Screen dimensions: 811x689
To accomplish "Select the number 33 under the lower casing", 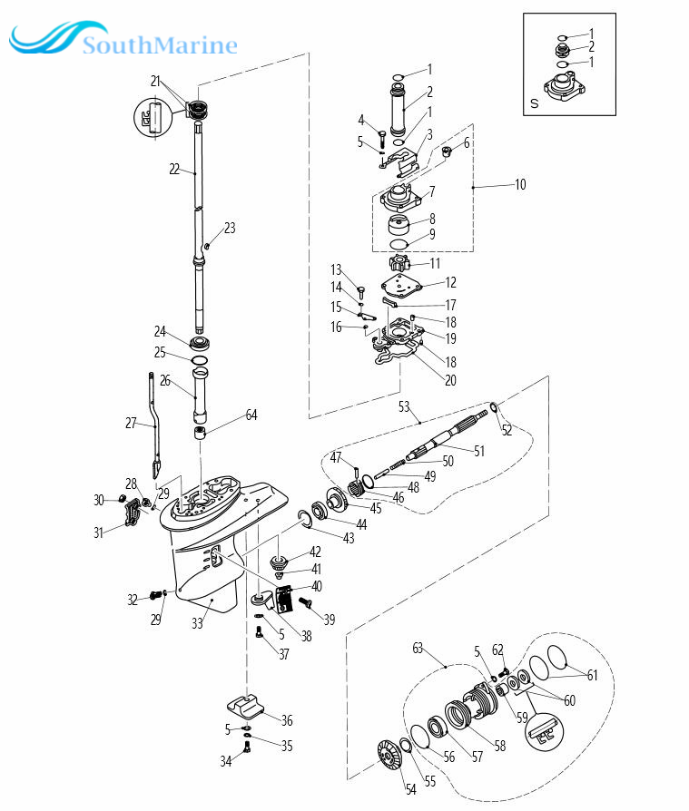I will (197, 622).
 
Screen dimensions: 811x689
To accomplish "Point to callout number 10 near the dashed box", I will (519, 184).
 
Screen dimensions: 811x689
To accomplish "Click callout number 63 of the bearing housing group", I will (418, 648).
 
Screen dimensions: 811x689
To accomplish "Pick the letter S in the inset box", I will (534, 103).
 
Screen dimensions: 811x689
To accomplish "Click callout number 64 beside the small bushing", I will (251, 415).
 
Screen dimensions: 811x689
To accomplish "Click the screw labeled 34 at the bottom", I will (247, 748).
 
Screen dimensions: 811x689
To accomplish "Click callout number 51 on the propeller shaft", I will (480, 450).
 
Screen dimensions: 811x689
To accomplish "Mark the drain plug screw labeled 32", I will (157, 594).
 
